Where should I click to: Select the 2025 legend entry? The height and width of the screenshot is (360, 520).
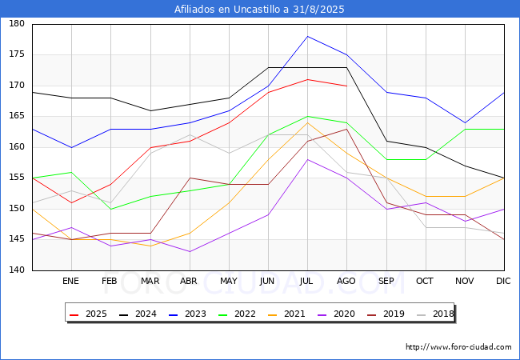point(89,314)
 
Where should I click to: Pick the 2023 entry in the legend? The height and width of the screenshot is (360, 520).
point(188,314)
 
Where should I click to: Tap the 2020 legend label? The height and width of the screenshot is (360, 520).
point(344,314)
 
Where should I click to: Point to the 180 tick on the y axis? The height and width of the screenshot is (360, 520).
point(17,23)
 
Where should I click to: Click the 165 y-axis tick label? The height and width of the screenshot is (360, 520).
point(17,116)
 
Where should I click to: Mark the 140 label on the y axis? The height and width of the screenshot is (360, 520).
point(17,270)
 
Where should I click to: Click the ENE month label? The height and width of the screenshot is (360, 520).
point(70,281)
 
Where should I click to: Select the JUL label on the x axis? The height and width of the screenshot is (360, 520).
point(306,281)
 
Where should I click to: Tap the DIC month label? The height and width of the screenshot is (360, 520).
point(503,281)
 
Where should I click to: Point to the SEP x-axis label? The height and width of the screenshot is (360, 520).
point(386,281)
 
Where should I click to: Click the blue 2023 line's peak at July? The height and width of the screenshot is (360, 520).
point(308,36)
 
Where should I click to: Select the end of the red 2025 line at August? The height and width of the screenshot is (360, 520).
point(347,86)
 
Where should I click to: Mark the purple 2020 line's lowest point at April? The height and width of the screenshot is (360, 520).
point(190,252)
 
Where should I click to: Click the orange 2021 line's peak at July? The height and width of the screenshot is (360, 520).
point(308,122)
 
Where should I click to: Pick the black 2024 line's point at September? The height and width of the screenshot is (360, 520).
point(386,141)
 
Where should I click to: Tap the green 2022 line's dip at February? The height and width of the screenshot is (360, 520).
point(110,209)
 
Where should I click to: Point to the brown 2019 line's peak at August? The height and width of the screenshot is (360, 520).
point(347,129)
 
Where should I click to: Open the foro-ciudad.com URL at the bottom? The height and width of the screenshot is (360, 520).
point(458,347)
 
